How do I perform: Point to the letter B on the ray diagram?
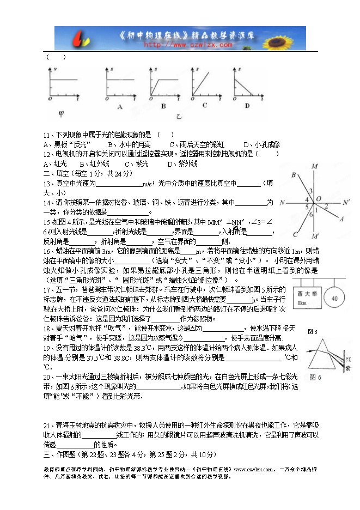294,174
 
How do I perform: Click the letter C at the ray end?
295,234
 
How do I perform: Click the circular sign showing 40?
334,299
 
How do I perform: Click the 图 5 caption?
313,331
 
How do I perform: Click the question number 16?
47,251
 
